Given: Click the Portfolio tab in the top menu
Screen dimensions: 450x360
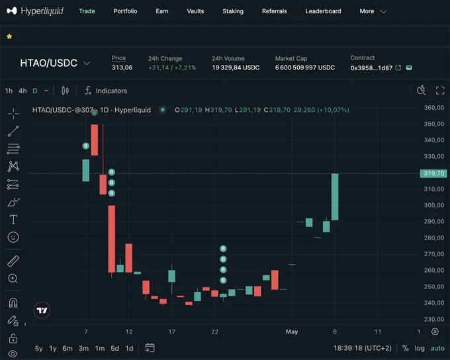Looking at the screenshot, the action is [125, 11].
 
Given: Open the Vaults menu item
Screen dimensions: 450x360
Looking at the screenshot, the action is [195, 11].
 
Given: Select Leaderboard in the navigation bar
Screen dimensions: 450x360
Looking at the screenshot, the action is [323, 11].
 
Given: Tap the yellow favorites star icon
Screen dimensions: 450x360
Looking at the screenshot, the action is [9, 36].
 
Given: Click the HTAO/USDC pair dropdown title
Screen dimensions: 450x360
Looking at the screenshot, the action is [48, 63].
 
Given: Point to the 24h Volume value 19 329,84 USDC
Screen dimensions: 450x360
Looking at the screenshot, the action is [236, 67].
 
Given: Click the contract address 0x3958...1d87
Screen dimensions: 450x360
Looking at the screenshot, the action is [371, 68].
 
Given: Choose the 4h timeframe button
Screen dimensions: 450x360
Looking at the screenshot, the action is [22, 91].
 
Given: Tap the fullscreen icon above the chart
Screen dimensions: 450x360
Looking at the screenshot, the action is [440, 91].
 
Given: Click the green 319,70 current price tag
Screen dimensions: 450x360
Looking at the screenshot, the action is [433, 173].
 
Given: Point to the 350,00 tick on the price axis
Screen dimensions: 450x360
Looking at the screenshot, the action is [434, 124].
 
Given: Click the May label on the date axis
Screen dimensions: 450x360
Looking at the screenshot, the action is [292, 332].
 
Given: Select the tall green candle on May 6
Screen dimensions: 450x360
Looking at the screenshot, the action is [335, 197].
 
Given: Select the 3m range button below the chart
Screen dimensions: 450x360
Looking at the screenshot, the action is [83, 349].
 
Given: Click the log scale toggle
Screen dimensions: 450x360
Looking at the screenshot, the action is [420, 349].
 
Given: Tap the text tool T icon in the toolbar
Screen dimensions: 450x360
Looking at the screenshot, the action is [13, 220].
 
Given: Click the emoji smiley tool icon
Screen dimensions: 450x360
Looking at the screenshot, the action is [13, 237].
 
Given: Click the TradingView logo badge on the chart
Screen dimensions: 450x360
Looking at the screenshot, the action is [42, 310].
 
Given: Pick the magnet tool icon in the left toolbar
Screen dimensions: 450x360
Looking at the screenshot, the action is [13, 303].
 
